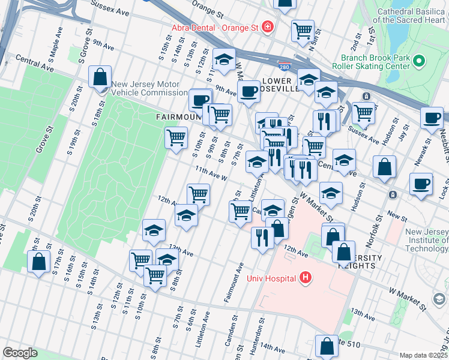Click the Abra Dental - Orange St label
[214, 27]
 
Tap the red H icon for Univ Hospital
[306, 277]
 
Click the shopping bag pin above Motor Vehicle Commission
[100, 76]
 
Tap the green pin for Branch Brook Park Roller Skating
[419, 61]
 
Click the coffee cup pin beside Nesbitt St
[432, 117]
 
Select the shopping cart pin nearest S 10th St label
[176, 137]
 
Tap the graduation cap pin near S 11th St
[224, 59]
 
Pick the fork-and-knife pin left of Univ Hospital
[262, 237]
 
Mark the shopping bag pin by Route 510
[327, 346]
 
